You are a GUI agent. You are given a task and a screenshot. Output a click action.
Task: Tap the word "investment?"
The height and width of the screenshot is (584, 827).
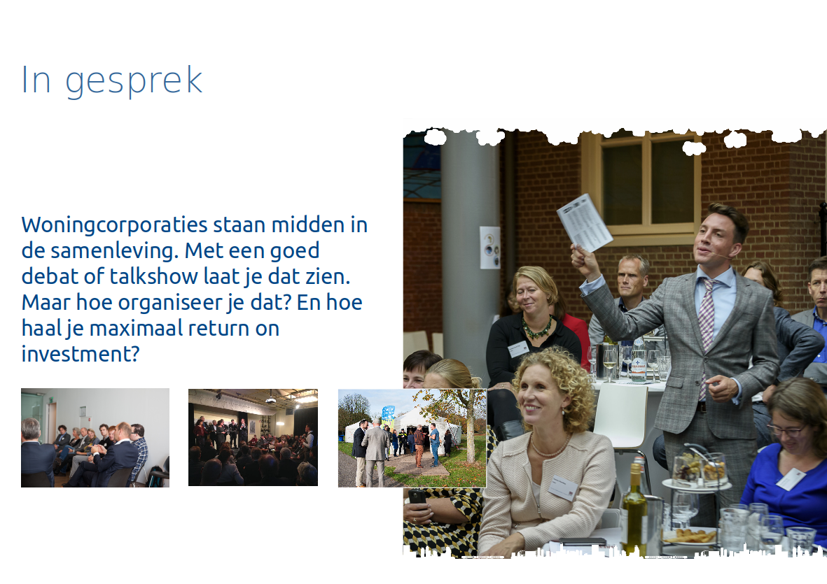click(x=80, y=353)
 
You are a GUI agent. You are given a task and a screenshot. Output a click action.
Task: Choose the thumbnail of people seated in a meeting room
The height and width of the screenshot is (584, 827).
click(x=95, y=438)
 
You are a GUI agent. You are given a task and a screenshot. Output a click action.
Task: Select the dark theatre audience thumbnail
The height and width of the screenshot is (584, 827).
click(x=253, y=438)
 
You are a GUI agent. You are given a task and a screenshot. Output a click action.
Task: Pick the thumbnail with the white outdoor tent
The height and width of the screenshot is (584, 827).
click(x=412, y=438)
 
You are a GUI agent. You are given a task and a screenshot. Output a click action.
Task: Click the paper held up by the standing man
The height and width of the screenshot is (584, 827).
click(x=585, y=222)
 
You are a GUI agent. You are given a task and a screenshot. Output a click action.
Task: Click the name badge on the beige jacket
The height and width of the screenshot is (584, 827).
click(x=563, y=487)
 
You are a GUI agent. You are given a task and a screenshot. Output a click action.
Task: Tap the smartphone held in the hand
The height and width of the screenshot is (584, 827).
click(x=417, y=497)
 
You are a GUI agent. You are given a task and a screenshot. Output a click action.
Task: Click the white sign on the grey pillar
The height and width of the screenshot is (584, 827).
click(x=490, y=248)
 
